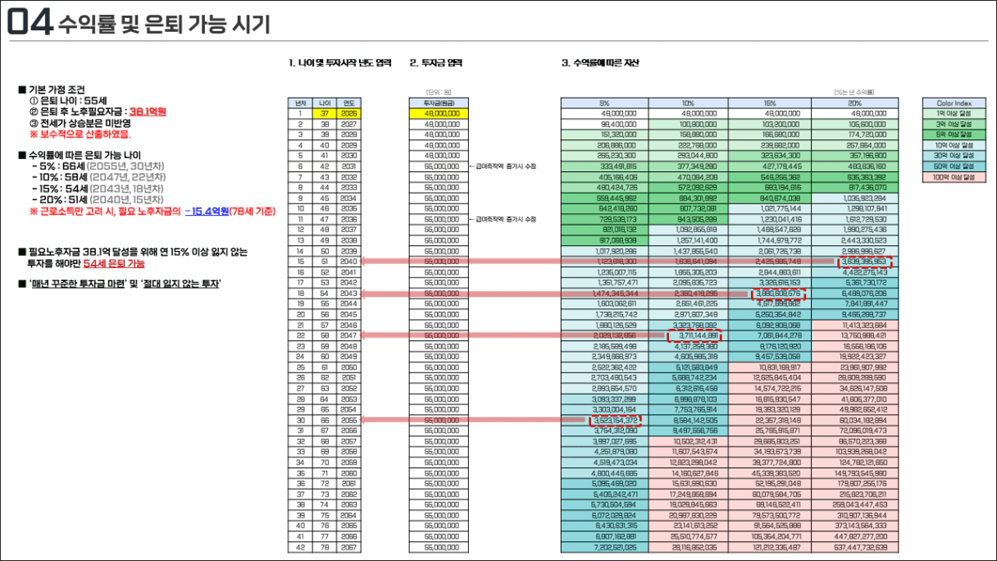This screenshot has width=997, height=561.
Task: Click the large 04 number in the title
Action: (x=30, y=23)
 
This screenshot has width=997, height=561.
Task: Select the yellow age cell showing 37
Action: (x=326, y=113)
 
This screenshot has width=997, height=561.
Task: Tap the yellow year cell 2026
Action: (x=350, y=113)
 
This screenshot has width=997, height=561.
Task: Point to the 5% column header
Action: (x=604, y=103)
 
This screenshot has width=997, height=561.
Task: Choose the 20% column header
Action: (x=854, y=103)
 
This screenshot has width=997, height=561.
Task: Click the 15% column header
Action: (x=771, y=103)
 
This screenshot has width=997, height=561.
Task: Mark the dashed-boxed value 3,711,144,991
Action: (x=692, y=335)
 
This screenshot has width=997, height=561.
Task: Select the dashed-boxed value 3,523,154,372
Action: (x=615, y=420)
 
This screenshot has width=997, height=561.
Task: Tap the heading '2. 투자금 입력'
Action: (x=435, y=62)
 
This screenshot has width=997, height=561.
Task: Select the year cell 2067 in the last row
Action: (x=350, y=546)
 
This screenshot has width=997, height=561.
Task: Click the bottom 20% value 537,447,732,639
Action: (x=854, y=546)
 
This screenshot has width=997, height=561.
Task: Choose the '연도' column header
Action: (x=350, y=103)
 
